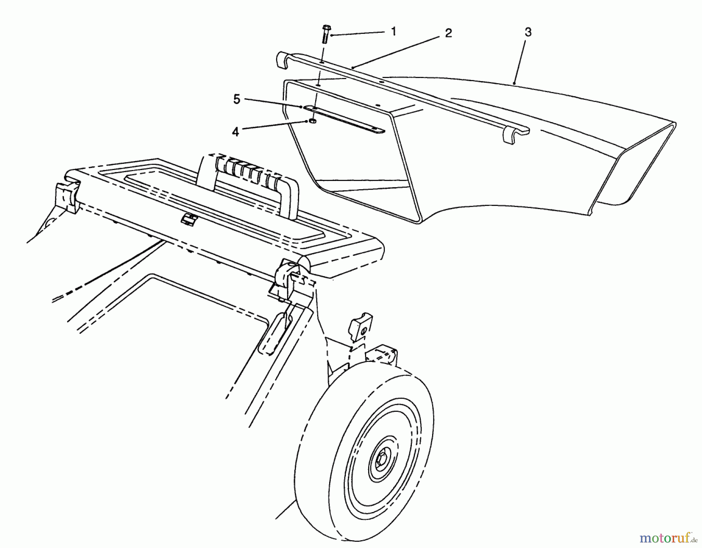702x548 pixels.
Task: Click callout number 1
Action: click(394, 32)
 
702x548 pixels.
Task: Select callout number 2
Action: click(448, 34)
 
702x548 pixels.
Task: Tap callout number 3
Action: click(528, 33)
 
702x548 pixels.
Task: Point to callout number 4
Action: click(235, 132)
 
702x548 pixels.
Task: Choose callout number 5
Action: click(237, 100)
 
